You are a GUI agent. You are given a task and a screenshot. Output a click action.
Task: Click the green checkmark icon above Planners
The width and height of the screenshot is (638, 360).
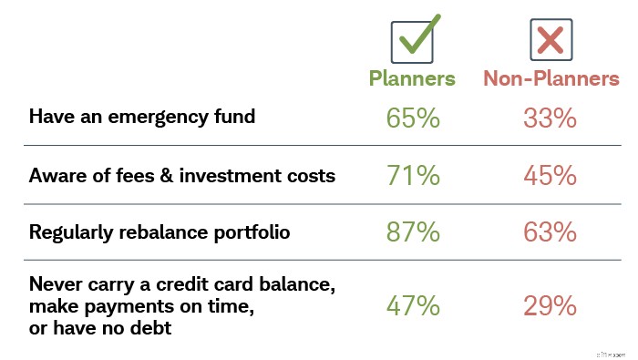click(413, 39)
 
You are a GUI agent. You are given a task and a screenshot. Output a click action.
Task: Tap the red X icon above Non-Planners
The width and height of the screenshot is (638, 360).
click(550, 40)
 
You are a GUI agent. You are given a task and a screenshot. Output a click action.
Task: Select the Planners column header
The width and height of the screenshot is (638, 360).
click(412, 78)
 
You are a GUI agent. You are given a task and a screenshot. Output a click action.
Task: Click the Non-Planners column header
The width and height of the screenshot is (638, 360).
click(551, 78)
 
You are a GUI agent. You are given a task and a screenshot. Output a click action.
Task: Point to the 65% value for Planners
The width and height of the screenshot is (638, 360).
click(412, 118)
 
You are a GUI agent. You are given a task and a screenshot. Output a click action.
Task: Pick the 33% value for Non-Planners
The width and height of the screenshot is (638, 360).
click(550, 118)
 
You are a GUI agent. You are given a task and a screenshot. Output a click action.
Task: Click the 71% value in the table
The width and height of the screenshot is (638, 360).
click(412, 175)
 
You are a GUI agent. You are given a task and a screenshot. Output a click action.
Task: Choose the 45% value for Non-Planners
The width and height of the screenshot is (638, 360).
click(550, 175)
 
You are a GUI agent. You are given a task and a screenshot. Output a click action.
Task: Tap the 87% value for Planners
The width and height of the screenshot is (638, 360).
click(412, 231)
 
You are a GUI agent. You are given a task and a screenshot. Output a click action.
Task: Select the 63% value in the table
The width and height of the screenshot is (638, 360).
click(550, 231)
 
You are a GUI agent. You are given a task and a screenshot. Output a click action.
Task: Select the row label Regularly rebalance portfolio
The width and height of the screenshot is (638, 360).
click(159, 232)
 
